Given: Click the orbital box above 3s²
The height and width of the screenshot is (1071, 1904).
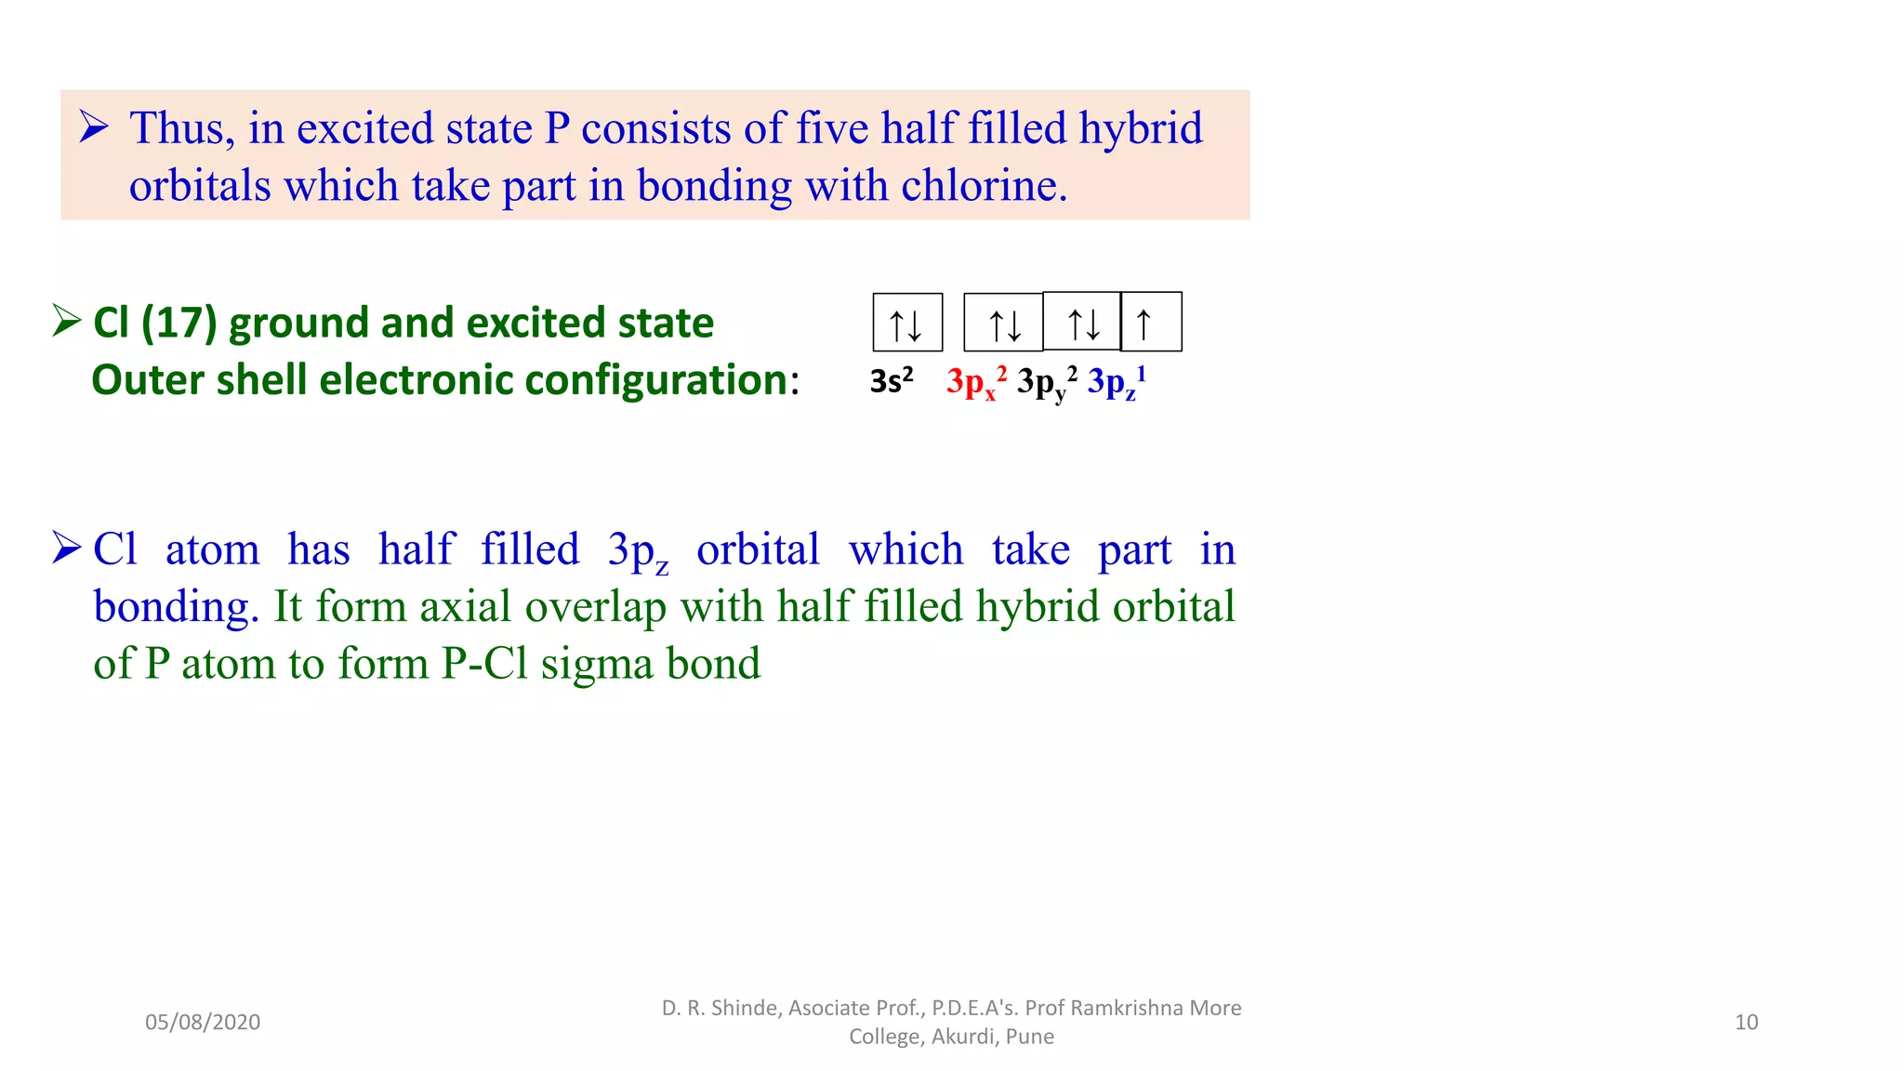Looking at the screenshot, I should (x=907, y=323).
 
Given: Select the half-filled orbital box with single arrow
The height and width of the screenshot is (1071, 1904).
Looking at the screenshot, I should (x=1151, y=322).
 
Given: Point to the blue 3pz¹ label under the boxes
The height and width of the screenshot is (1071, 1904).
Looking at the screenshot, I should (x=1117, y=382).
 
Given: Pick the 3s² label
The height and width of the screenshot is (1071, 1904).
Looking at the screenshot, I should (x=892, y=381).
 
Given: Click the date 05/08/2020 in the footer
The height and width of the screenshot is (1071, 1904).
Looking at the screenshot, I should (x=203, y=1023).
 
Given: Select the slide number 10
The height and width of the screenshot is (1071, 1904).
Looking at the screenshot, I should (x=1746, y=1023).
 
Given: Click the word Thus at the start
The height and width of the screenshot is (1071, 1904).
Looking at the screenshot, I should (x=181, y=128).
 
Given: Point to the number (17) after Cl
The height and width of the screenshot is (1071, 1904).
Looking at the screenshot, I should (x=178, y=323).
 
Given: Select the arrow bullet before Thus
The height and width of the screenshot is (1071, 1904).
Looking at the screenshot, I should (x=93, y=126).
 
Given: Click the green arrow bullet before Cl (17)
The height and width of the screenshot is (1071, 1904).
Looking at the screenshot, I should (x=67, y=321).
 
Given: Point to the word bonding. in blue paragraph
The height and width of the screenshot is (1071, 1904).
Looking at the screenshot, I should (x=176, y=607).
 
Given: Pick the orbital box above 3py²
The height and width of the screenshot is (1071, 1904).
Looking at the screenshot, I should (x=1081, y=322).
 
